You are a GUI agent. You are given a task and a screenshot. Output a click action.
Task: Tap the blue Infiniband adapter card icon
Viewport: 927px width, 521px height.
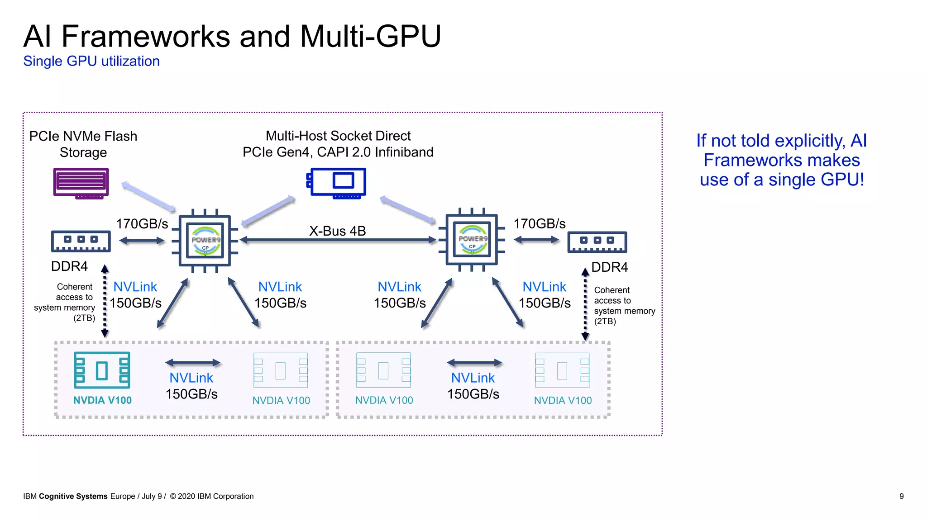pyautogui.click(x=338, y=183)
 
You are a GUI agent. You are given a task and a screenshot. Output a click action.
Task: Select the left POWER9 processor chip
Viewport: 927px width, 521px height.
pyautogui.click(x=205, y=241)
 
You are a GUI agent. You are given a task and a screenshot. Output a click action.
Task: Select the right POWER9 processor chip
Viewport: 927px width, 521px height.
pyautogui.click(x=472, y=239)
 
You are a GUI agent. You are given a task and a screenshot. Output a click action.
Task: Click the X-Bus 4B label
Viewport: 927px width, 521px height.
pyautogui.click(x=337, y=231)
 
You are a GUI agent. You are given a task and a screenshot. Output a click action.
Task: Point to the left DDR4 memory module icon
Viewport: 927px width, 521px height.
pyautogui.click(x=81, y=241)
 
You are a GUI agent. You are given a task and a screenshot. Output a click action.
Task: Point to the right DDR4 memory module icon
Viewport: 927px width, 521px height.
pyautogui.click(x=597, y=242)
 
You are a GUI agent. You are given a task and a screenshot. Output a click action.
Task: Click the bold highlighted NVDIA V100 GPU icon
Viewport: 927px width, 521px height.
pyautogui.click(x=102, y=370)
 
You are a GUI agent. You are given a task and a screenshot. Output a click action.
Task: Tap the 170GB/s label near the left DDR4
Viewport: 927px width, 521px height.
pyautogui.click(x=142, y=223)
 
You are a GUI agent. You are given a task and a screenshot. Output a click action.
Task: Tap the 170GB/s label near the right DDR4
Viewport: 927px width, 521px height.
pyautogui.click(x=539, y=223)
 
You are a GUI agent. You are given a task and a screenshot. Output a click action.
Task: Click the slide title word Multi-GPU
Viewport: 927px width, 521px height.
pyautogui.click(x=370, y=36)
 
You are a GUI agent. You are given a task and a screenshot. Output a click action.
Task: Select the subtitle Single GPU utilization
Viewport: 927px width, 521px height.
pyautogui.click(x=91, y=61)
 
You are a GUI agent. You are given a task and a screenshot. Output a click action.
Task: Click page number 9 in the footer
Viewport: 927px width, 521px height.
pyautogui.click(x=901, y=496)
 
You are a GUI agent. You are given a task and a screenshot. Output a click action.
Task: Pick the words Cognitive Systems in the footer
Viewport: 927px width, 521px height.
pyautogui.click(x=73, y=496)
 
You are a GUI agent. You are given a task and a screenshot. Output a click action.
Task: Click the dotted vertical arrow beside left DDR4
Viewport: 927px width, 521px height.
pyautogui.click(x=105, y=301)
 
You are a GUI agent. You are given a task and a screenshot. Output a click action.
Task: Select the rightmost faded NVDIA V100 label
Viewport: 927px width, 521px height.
pyautogui.click(x=563, y=400)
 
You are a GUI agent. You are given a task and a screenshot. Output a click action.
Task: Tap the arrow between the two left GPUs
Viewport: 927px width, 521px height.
pyautogui.click(x=192, y=363)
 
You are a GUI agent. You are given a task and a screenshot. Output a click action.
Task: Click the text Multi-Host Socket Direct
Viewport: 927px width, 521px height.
pyautogui.click(x=338, y=136)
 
